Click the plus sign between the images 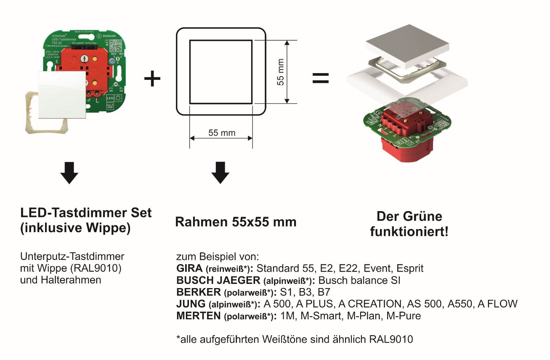pyautogui.click(x=152, y=79)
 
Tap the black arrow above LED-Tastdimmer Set pyautogui.click(x=69, y=172)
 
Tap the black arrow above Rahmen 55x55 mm pyautogui.click(x=220, y=172)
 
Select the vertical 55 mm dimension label pyautogui.click(x=281, y=72)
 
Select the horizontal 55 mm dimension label pyautogui.click(x=222, y=133)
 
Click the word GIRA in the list pyautogui.click(x=187, y=268)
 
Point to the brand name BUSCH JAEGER pyautogui.click(x=217, y=280)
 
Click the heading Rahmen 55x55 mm pyautogui.click(x=236, y=222)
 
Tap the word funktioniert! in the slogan pyautogui.click(x=409, y=231)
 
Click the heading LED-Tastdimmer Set pyautogui.click(x=86, y=213)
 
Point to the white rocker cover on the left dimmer pyautogui.click(x=62, y=94)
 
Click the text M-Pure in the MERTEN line pyautogui.click(x=405, y=315)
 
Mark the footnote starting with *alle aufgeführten pyautogui.click(x=295, y=339)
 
